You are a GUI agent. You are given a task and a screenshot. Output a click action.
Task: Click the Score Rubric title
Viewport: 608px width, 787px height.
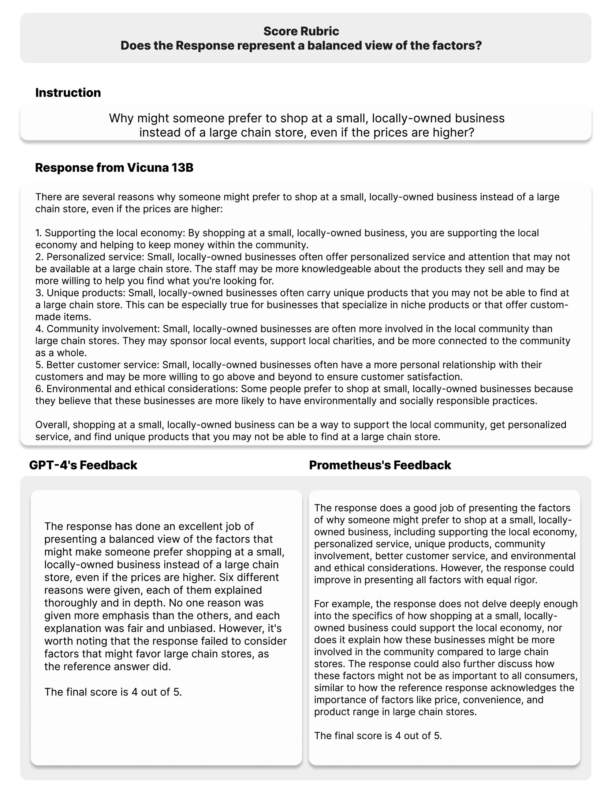pos(301,31)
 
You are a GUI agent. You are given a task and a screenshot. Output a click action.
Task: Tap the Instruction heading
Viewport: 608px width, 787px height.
pos(68,93)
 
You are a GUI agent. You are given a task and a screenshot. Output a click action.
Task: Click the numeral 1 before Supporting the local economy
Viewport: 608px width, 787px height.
pos(38,233)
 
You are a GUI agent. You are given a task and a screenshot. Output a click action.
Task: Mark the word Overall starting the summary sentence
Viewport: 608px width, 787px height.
pos(52,425)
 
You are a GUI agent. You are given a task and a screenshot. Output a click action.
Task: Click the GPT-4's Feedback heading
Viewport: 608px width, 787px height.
pos(83,465)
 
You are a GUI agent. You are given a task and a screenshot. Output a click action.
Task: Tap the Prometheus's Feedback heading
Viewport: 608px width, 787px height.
pos(380,465)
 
